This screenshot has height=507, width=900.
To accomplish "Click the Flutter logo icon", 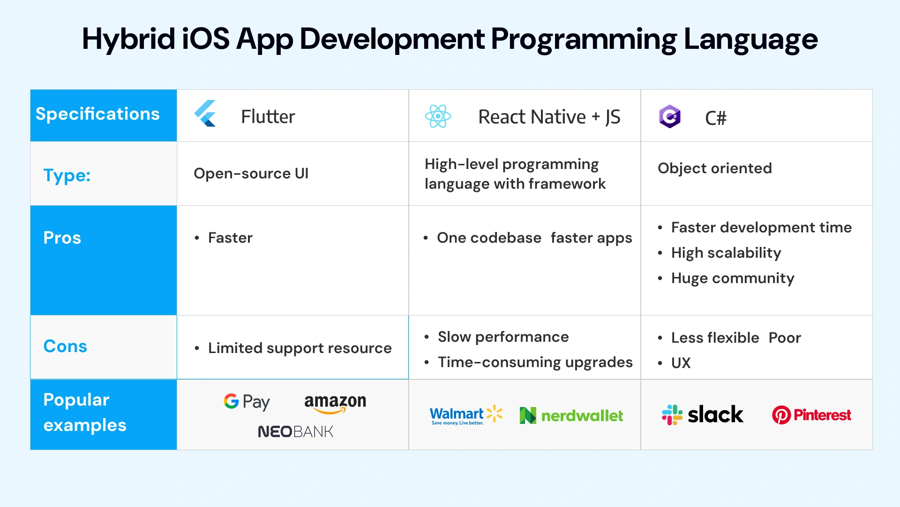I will point(205,114).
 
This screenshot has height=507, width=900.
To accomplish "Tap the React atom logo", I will point(438,116).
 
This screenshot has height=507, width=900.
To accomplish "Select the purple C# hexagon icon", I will point(669,116).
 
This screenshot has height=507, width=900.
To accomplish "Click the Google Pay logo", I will point(247,401).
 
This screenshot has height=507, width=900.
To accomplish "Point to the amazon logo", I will point(335,403).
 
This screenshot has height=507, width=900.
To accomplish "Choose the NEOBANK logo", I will point(295,431).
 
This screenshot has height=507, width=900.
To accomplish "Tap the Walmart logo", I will point(465,415).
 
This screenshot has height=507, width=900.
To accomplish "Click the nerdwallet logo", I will point(571,415).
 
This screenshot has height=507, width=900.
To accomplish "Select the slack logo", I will point(702,415).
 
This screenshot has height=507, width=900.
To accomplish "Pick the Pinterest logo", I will point(811,415).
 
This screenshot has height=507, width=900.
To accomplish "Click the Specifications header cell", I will point(97,114).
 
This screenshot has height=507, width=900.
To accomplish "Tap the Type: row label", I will point(67,175).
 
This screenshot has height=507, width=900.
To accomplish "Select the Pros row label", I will point(62,238).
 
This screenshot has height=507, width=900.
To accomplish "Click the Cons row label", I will point(65,346).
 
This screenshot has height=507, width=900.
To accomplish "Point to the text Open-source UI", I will point(251,173).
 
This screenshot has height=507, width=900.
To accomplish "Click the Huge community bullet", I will point(732,278).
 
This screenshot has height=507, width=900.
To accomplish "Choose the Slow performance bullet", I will point(503,337).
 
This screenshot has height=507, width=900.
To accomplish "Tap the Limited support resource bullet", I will point(300,348).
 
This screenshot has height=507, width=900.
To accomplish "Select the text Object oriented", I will point(714,168).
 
